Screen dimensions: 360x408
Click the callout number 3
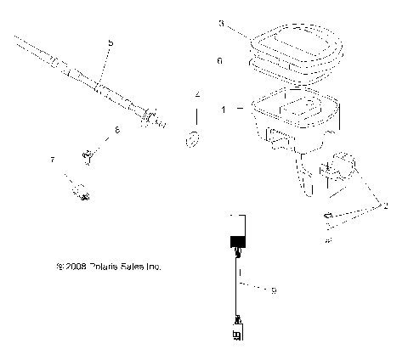222,25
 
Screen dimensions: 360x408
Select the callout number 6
220,62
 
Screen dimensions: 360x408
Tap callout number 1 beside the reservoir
223,110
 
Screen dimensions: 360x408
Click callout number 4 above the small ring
197,93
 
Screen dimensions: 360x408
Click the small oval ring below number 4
194,138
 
